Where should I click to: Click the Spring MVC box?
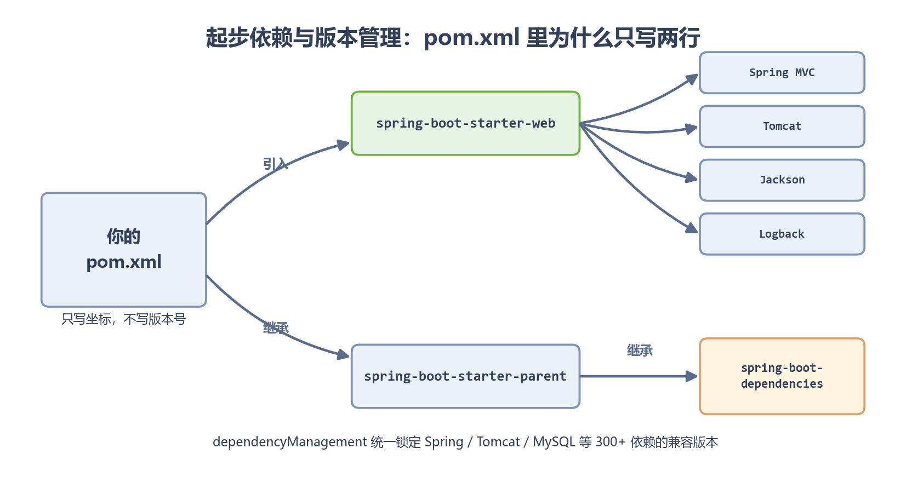tap(782, 73)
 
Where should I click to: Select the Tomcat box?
tap(782, 127)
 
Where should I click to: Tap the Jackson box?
tap(782, 180)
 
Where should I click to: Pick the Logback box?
tap(782, 234)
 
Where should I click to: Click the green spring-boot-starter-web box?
tap(465, 123)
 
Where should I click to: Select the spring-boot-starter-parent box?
tap(465, 376)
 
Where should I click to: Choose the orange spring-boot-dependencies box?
tap(782, 376)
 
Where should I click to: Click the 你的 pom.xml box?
tap(124, 250)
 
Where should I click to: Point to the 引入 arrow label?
tap(276, 164)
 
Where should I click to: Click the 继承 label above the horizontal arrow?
tap(640, 350)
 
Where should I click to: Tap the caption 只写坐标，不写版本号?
tap(124, 319)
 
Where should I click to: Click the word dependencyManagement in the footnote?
tap(289, 442)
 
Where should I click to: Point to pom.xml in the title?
tap(471, 38)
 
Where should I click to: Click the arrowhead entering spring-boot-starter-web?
tap(344, 145)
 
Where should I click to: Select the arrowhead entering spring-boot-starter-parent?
tap(344, 354)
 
